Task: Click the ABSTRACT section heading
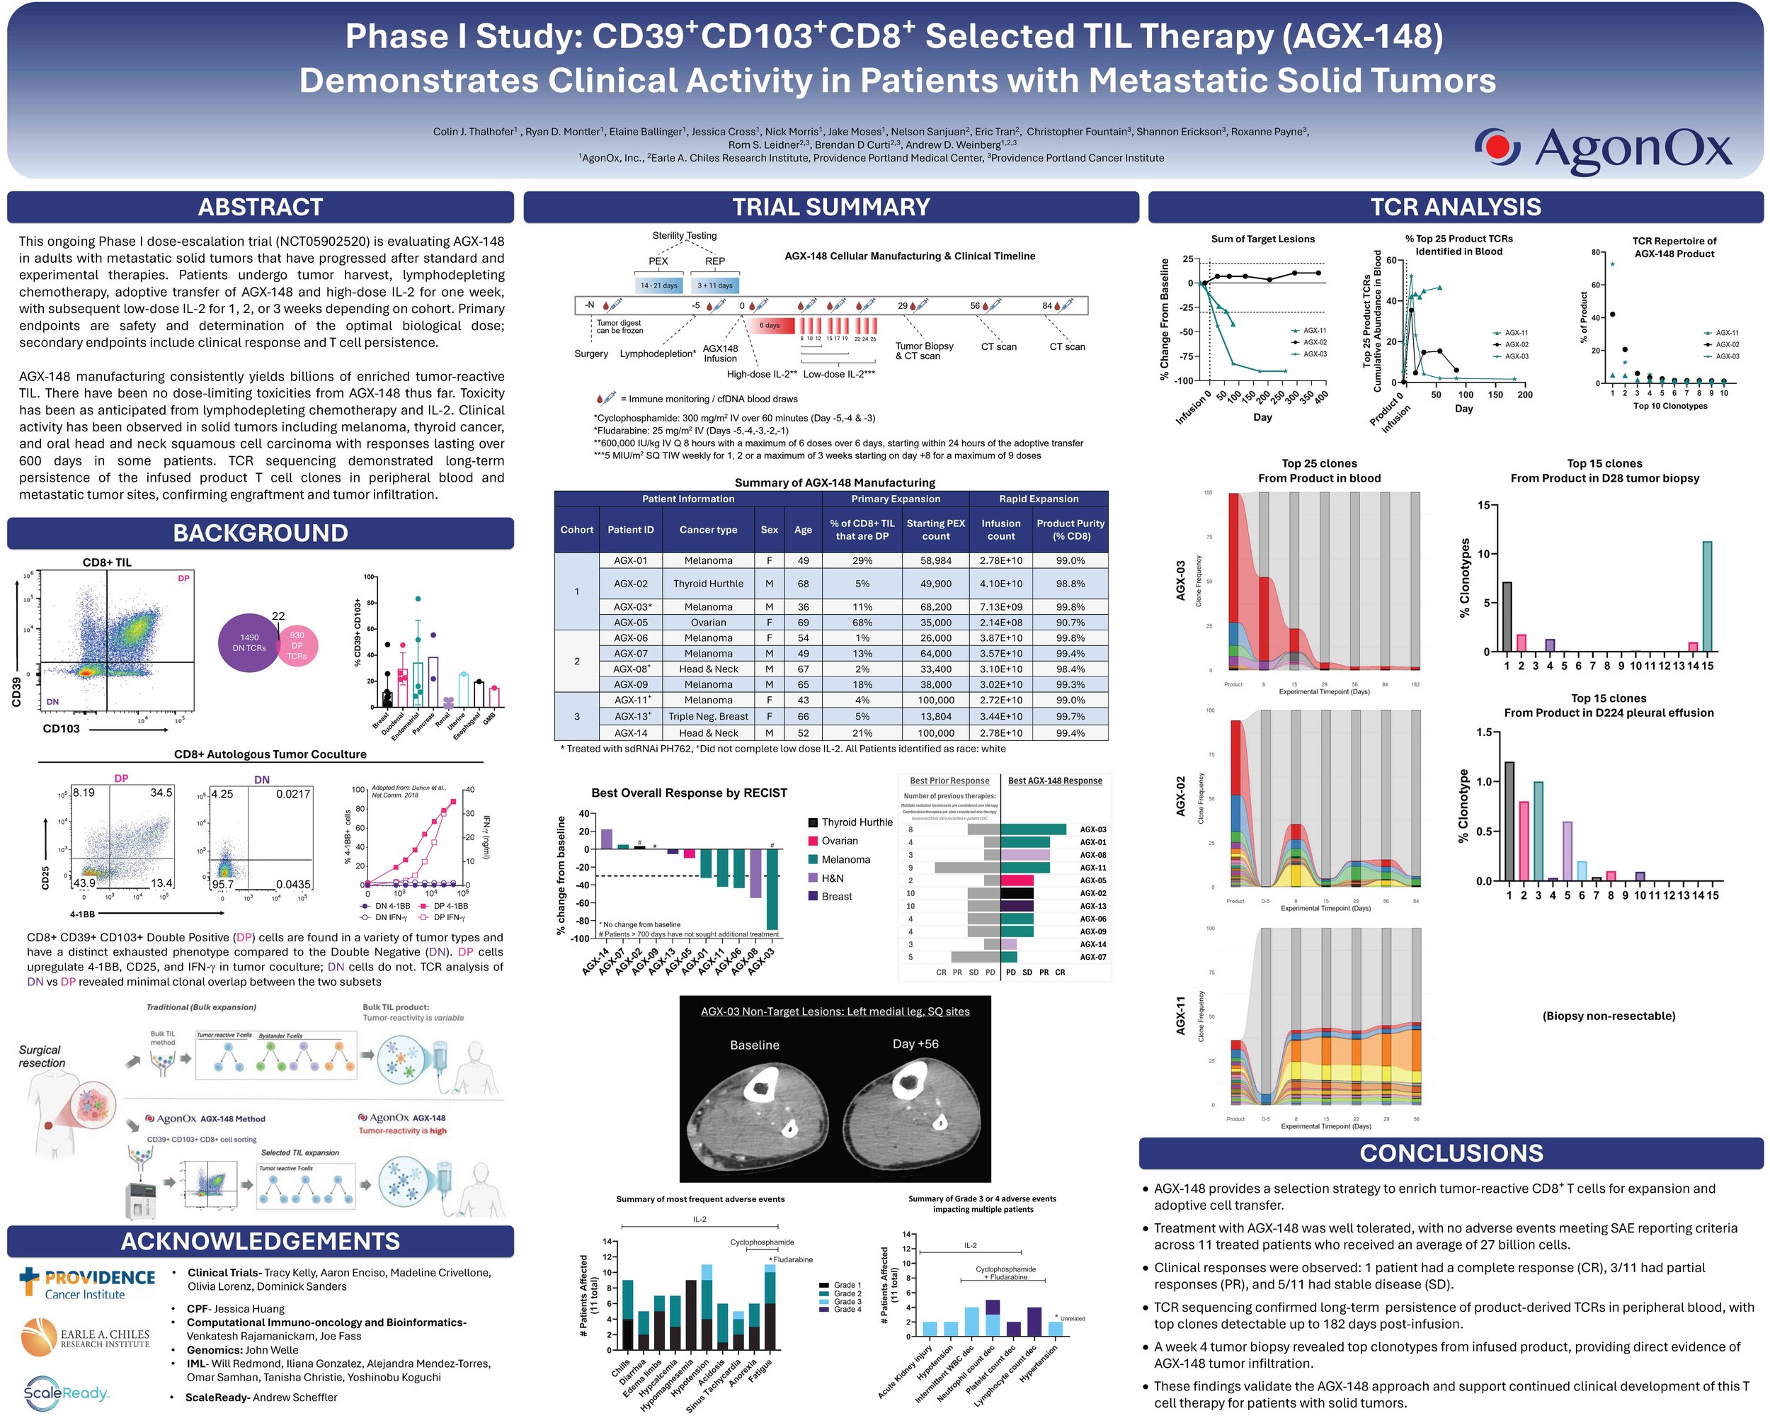click(261, 207)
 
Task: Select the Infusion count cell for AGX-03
click(1000, 607)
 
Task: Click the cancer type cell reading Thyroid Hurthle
click(708, 584)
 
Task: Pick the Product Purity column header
click(1070, 530)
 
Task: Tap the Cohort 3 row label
click(576, 716)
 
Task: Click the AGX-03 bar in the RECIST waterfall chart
click(772, 888)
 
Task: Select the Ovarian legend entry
click(839, 841)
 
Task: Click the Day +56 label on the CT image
click(915, 1043)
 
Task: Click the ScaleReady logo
click(66, 1392)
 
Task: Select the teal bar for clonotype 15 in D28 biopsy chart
click(1707, 596)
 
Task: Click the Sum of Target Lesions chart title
click(1262, 239)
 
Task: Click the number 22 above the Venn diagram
click(278, 616)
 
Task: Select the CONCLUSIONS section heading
click(1451, 1153)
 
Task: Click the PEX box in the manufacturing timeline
click(658, 261)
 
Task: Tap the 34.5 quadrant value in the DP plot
click(161, 793)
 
